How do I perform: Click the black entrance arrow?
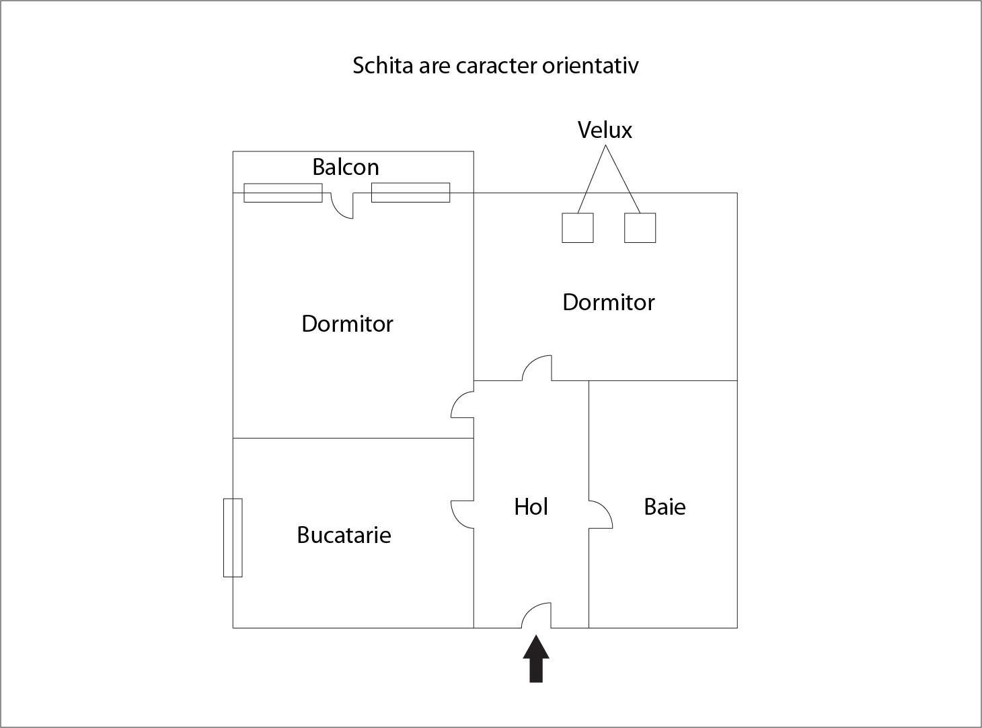[536, 659]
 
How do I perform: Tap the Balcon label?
[346, 167]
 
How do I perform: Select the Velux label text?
[605, 130]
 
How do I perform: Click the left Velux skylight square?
[578, 227]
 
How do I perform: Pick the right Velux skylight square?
[640, 227]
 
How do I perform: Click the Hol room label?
[531, 507]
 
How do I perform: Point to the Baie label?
[665, 507]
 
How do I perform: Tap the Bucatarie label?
[344, 536]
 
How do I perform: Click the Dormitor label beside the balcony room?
[347, 324]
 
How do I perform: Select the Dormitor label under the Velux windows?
[609, 303]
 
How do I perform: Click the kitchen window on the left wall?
[233, 538]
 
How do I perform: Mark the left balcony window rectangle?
[283, 192]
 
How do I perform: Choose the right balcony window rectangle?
[411, 192]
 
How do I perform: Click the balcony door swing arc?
[342, 206]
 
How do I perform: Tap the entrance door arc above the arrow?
[536, 616]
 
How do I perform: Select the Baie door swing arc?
[601, 515]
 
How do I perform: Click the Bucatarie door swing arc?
[462, 515]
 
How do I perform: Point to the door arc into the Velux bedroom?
[537, 368]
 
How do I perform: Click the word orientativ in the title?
[590, 65]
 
